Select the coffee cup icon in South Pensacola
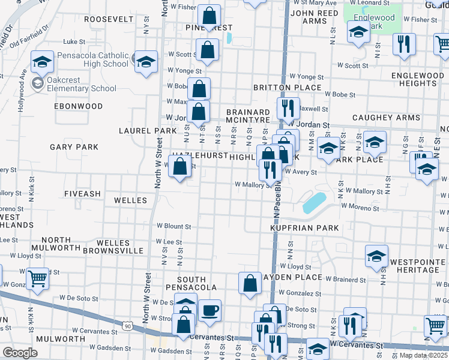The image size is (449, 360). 209,311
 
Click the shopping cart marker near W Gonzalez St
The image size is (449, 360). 37,278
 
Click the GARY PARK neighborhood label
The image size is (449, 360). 73,146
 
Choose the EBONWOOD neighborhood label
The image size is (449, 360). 79,106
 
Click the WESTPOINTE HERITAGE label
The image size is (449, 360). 414,266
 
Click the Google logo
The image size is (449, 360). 20,352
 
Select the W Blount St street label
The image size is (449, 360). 173,226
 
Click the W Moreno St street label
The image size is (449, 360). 361,206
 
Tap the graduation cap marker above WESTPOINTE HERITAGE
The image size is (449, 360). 376,256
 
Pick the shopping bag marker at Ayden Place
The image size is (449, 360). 250,283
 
